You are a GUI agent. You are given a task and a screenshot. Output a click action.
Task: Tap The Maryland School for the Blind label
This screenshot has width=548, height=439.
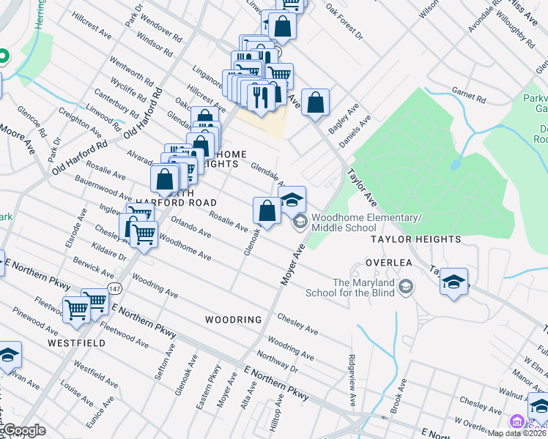tap(363, 288)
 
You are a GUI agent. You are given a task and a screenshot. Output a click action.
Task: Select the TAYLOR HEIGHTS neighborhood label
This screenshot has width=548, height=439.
tap(415, 239)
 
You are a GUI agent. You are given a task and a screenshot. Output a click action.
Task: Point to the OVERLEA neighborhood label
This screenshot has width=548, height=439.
tap(390, 262)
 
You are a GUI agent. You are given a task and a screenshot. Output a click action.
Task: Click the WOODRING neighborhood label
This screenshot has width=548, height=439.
tap(233, 320)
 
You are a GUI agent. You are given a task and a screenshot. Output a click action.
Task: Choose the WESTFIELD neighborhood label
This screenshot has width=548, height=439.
tap(73, 342)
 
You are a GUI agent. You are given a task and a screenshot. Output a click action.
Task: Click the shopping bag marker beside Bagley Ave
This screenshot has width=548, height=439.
tap(315, 104)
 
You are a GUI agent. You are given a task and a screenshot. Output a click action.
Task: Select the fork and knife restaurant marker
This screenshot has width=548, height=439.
tap(260, 97)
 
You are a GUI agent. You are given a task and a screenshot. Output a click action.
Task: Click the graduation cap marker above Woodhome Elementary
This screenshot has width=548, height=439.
tap(292, 199)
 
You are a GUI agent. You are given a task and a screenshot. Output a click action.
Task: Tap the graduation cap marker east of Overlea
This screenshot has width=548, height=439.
tap(454, 282)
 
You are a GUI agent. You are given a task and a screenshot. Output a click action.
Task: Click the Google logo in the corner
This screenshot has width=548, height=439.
tap(23, 431)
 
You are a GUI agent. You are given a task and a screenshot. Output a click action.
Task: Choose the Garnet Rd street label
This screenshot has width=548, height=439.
tap(464, 94)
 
